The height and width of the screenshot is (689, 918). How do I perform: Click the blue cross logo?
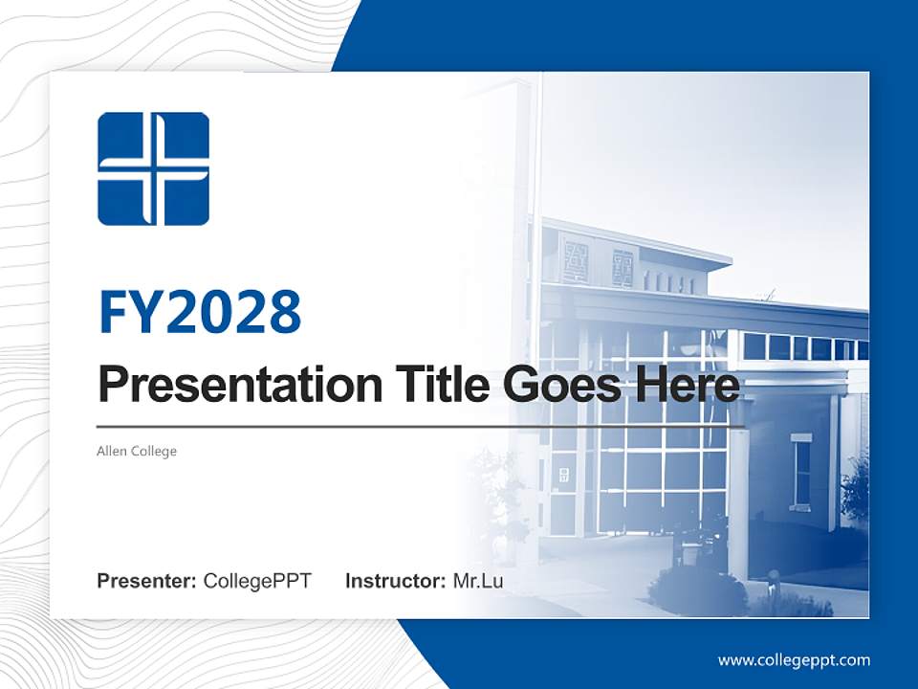coord(153,169)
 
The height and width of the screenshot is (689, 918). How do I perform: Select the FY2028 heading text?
coord(200,311)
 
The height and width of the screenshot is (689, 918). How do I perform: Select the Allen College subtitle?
coord(137,451)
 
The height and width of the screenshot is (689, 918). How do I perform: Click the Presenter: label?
coord(147,581)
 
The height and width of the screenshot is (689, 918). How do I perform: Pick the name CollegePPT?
coord(257,581)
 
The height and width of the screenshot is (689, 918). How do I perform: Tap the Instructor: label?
coord(396,581)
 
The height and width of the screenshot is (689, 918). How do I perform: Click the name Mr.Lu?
coord(478,581)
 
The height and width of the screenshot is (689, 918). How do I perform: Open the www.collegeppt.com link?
coord(794,659)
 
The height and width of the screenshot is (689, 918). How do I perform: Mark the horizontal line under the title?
coord(421,426)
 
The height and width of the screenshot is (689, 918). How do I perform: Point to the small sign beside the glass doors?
coord(564,475)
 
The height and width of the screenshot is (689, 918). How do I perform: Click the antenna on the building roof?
coord(765,296)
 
